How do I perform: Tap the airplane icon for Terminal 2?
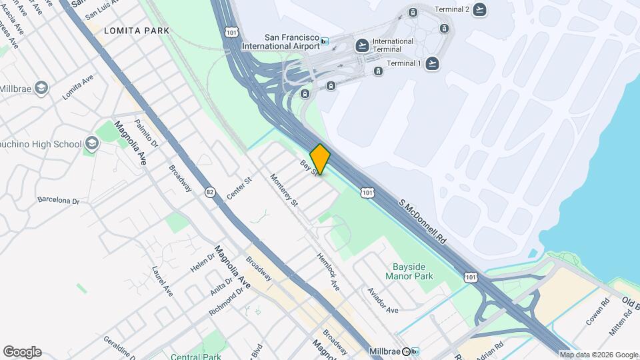[x=479, y=9]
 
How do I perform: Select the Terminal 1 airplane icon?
[x=433, y=64]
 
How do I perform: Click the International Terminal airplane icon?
[x=362, y=45]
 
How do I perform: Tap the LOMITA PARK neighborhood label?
[x=137, y=31]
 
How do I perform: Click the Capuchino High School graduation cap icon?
[x=91, y=143]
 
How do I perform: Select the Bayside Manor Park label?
[x=409, y=271]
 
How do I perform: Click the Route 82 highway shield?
[x=210, y=192]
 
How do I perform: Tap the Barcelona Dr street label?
[x=58, y=200]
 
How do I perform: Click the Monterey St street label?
[x=284, y=190]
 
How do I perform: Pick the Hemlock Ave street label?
[x=328, y=271]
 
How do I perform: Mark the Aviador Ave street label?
[x=383, y=301]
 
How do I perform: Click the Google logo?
[x=22, y=352]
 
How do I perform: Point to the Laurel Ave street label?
[x=162, y=282]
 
